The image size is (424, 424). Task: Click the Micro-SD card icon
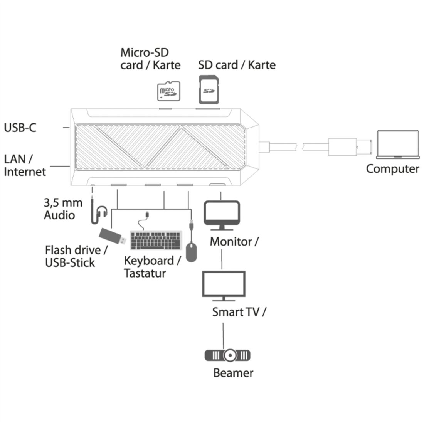pos(168,91)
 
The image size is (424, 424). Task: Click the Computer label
pos(392,169)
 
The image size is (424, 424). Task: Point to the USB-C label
pos(20,127)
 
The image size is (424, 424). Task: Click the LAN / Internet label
pos(24,165)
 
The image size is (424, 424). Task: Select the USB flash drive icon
pos(112,236)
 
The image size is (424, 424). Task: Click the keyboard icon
pos(156,240)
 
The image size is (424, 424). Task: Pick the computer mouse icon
pos(191,252)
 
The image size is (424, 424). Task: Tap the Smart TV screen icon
pos(223,285)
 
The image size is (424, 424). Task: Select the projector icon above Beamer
pos(227,355)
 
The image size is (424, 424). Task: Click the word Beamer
pos(233,373)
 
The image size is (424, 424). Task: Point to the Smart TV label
pos(239,311)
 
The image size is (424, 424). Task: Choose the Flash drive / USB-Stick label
pos(76,256)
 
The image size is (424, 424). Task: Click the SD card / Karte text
pos(237,65)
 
